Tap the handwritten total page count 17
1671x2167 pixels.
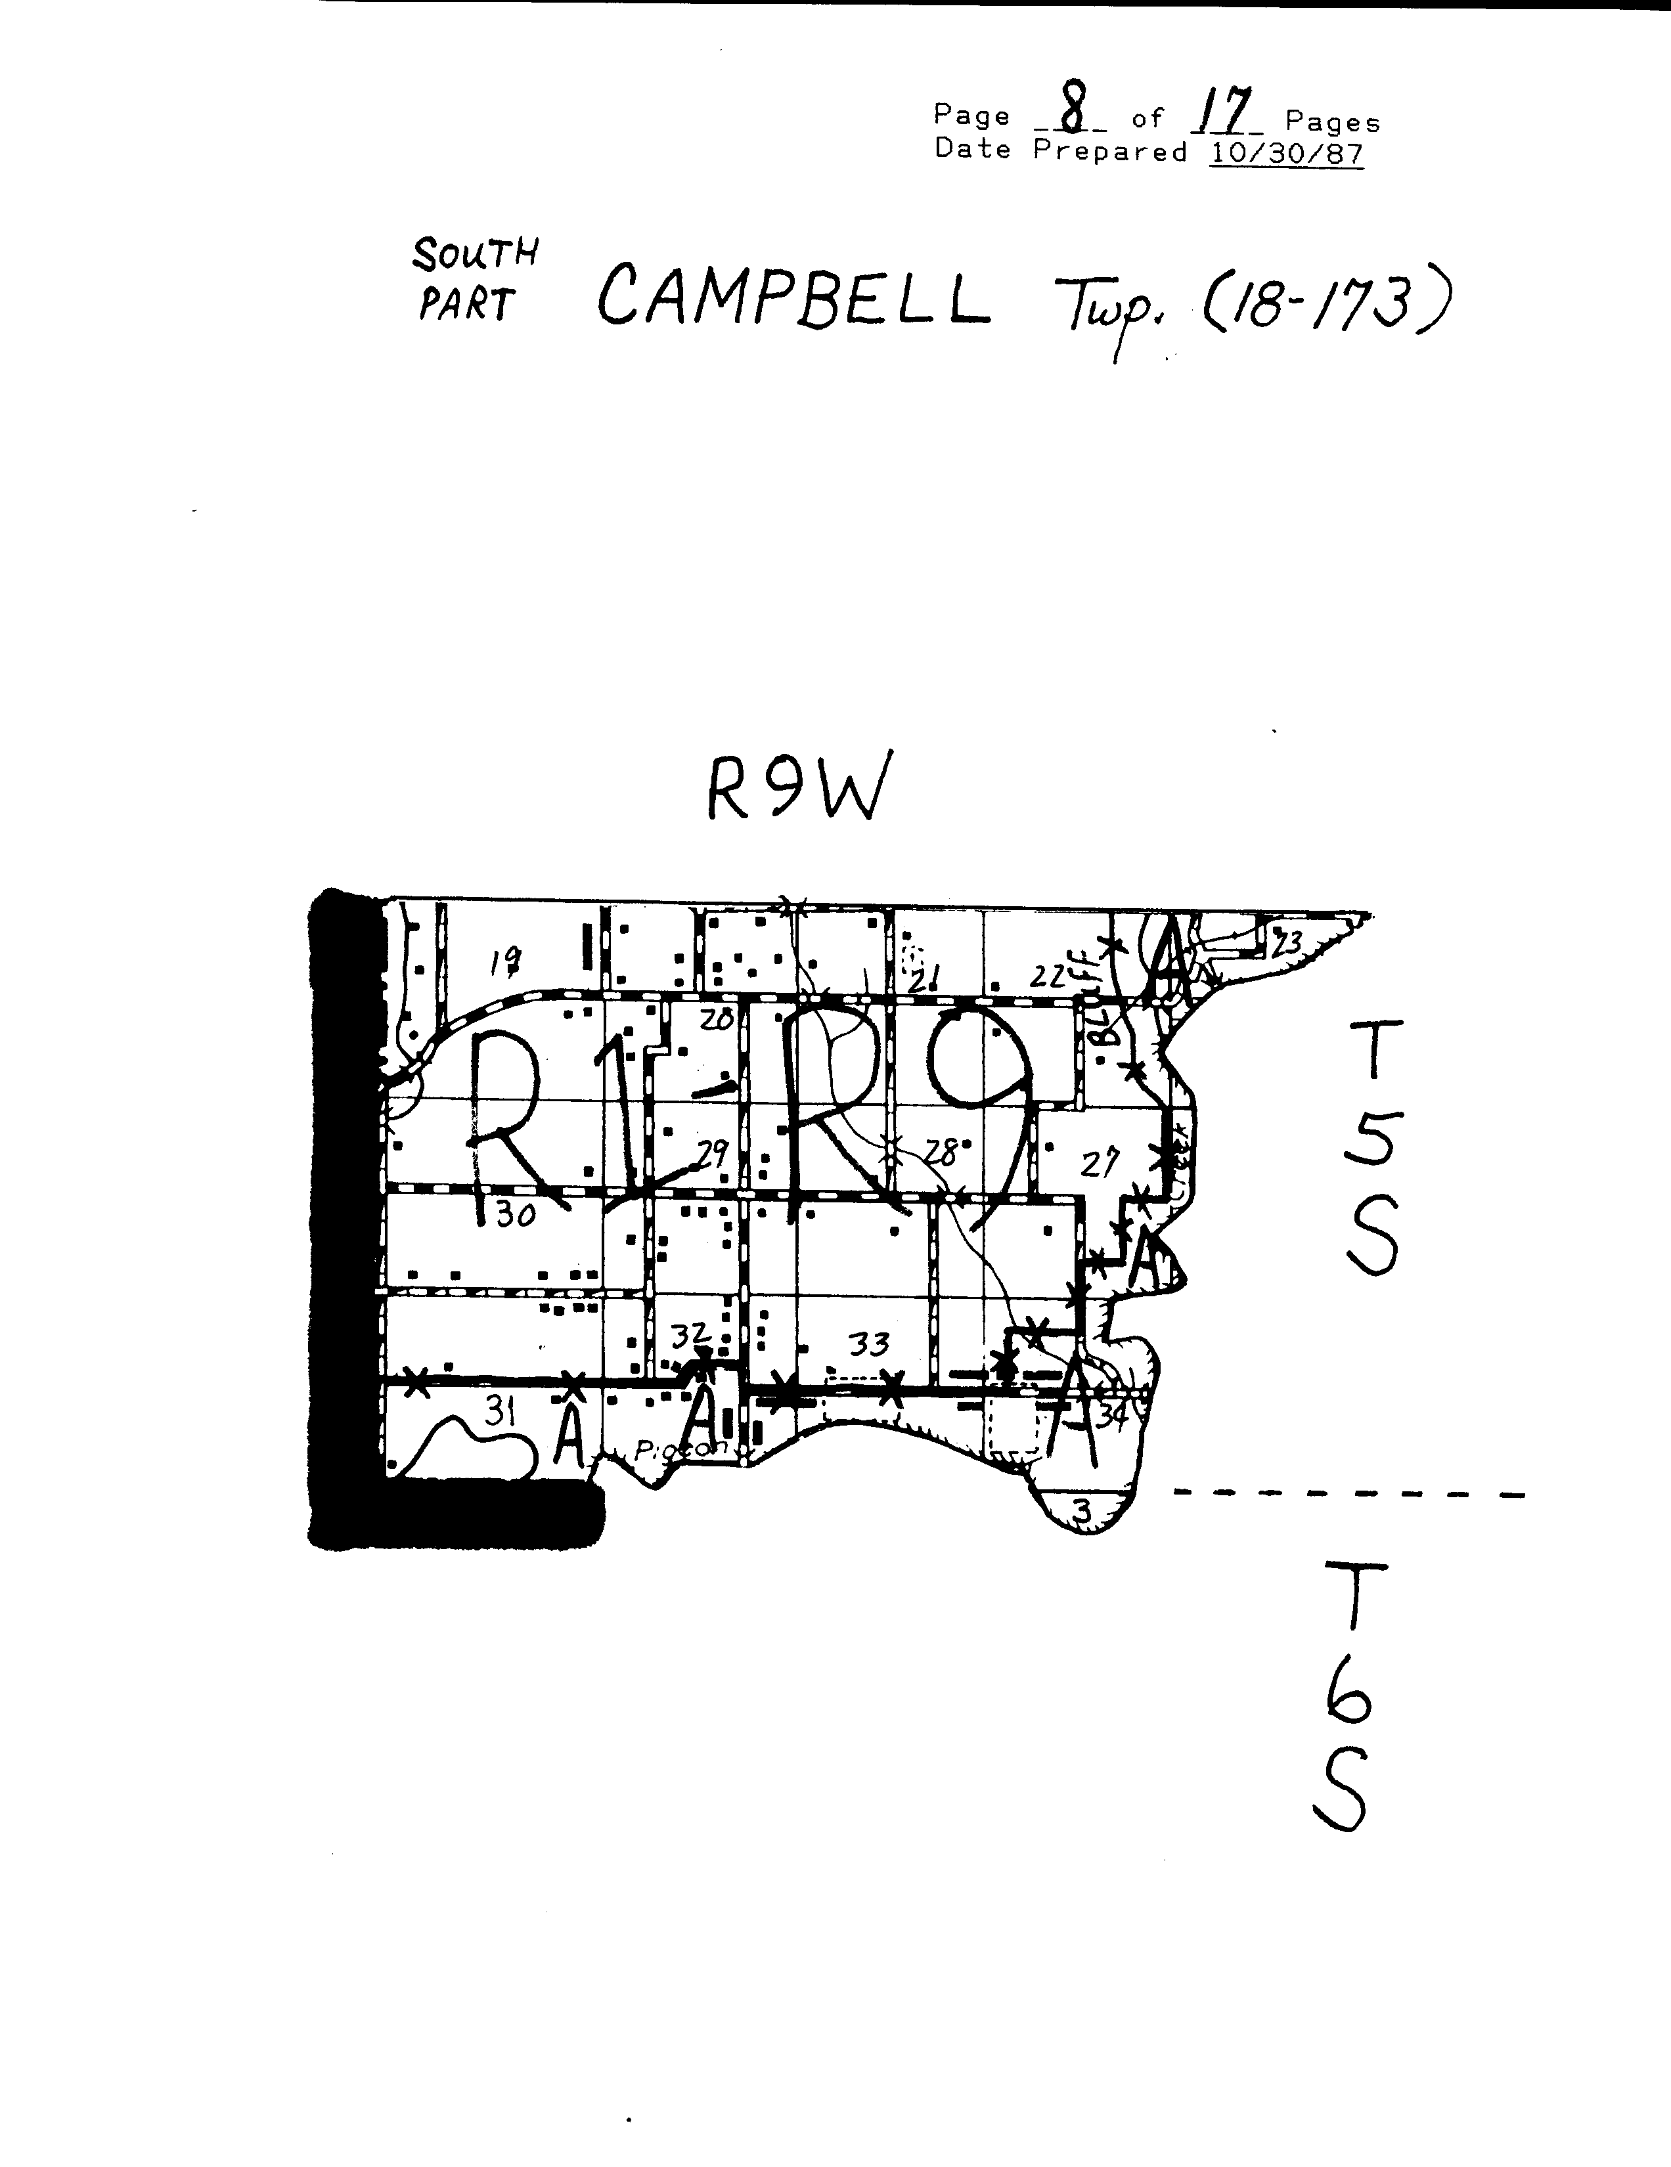pos(1224,113)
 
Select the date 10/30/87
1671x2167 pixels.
pos(1286,153)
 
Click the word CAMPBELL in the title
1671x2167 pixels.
pos(794,295)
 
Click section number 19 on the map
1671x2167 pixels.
pos(506,959)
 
